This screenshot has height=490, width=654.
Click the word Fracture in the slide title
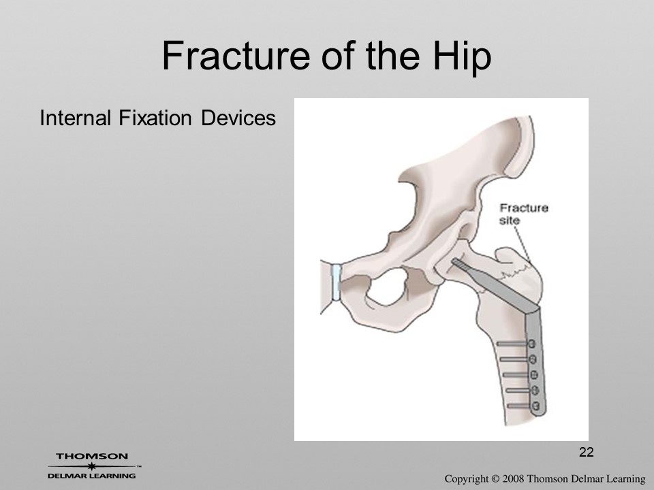tap(236, 56)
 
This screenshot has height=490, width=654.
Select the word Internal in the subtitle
tap(75, 118)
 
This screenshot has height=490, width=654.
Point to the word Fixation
tap(155, 118)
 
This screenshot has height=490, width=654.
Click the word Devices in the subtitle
tap(238, 118)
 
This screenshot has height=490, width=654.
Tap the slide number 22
tap(586, 452)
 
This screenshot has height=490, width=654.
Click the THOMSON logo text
tap(92, 456)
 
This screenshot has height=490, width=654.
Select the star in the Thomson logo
tap(92, 466)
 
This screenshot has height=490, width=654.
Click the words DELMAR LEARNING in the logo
tap(92, 476)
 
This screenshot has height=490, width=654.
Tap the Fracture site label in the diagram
tap(523, 213)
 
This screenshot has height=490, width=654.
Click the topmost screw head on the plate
tap(532, 344)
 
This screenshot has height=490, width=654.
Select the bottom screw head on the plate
tap(536, 406)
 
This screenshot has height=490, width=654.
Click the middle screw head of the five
tap(534, 375)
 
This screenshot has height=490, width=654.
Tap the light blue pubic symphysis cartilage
tap(336, 282)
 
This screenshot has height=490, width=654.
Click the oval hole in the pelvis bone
tap(388, 287)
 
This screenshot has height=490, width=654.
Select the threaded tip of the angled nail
tap(459, 264)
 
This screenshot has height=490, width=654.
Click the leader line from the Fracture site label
tap(521, 244)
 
